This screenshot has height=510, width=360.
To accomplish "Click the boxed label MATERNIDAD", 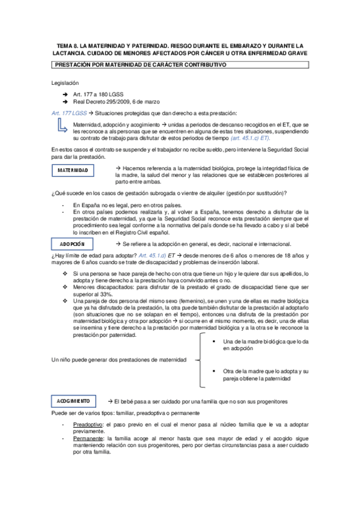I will click(x=73, y=171).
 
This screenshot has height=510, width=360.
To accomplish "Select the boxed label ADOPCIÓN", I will click(x=73, y=244).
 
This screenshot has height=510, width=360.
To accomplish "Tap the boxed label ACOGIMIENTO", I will click(x=73, y=401).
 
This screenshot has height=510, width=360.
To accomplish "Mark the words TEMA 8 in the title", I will click(x=68, y=45).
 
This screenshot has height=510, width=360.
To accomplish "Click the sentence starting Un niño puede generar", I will click(x=118, y=360).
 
